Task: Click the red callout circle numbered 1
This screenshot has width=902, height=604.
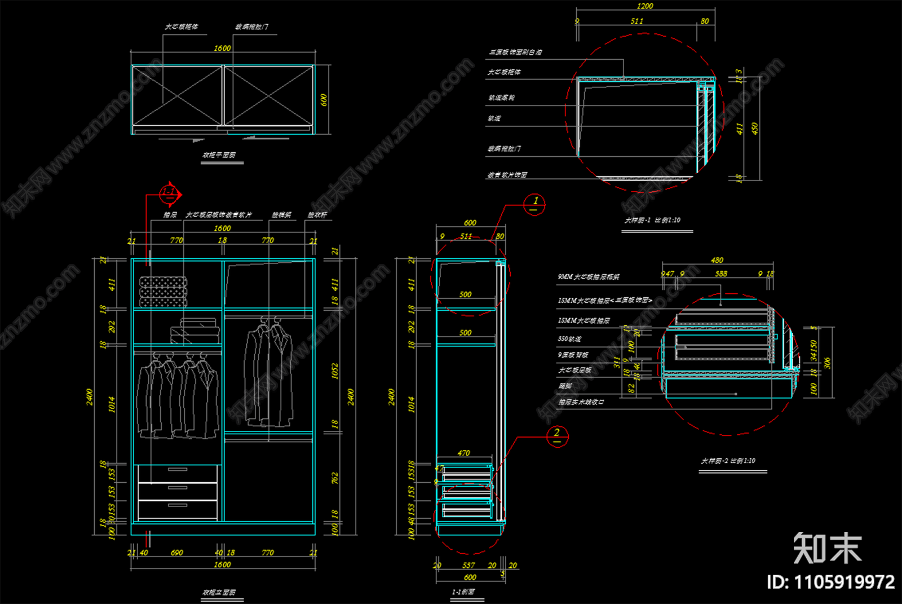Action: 534,204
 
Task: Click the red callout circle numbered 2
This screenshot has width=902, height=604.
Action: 557,437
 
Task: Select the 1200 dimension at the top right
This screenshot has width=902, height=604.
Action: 644,6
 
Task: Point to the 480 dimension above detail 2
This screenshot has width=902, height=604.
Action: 717,260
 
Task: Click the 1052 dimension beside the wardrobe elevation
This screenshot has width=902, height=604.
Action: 335,371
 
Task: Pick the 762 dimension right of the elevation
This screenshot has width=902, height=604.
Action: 335,478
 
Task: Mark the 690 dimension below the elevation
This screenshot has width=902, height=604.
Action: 177,553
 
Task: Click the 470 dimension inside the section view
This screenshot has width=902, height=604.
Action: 463,453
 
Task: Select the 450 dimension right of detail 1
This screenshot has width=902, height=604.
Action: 754,129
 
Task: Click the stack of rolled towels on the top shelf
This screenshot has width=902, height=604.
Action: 163,292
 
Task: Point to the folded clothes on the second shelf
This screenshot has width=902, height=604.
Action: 194,331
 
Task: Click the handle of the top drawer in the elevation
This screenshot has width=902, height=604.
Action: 178,469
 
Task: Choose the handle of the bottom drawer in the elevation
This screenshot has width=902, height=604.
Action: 178,505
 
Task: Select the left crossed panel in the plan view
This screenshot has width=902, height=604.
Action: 178,96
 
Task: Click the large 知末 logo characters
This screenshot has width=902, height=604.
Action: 828,548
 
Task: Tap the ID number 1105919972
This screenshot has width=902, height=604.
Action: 831,582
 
